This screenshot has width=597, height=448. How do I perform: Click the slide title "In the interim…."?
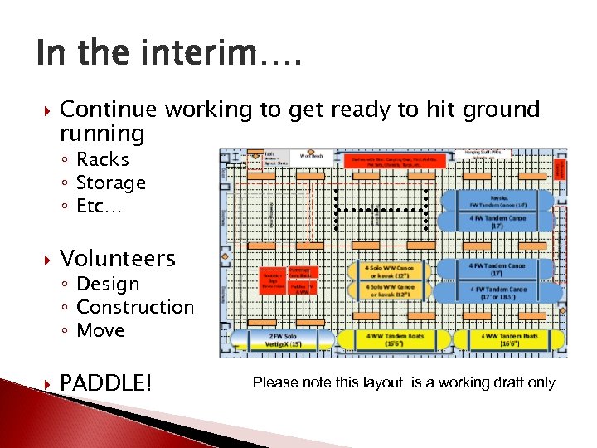pos(170,55)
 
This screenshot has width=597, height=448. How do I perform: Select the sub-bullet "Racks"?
pos(102,159)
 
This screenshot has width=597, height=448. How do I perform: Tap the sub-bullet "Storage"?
pos(110,183)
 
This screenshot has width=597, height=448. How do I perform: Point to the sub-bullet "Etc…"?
pos(99,206)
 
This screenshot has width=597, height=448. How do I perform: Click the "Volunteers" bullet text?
pos(118,258)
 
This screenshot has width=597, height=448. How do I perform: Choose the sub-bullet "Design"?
pos(108,284)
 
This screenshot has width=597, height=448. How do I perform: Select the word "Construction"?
pos(134,307)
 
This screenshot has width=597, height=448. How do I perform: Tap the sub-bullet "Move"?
pos(100,330)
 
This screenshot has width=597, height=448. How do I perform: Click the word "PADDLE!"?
pos(106,382)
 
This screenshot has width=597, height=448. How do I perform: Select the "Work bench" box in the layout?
pos(311,155)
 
